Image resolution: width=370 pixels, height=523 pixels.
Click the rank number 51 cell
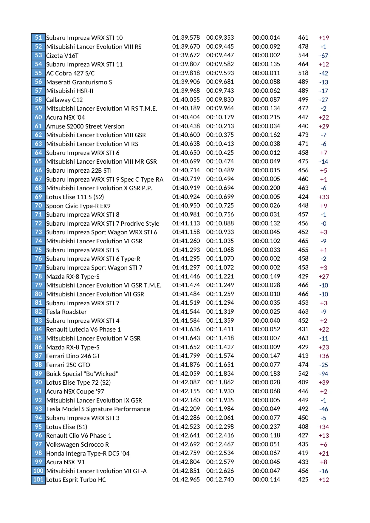pos(38,38)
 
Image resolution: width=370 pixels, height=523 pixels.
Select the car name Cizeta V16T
pos(62,55)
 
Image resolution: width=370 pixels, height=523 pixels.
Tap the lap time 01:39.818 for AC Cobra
pos(186,73)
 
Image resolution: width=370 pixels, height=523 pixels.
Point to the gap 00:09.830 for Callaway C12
pos(220,100)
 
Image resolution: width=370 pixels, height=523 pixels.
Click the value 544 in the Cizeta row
pos(303,55)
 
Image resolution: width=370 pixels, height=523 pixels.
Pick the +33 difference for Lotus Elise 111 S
pos(323,197)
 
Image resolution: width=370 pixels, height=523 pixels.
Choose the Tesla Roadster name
pos(66,312)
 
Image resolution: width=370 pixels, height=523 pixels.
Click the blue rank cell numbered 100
pos(38,471)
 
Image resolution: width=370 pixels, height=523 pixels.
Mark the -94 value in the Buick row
pos(323,374)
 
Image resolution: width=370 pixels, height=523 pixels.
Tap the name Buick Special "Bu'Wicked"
pos(82,374)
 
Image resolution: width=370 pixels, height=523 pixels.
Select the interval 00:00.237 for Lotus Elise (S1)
pos(266,427)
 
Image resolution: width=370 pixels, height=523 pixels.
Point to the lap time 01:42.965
pos(186,480)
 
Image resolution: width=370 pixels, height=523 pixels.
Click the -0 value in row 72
pos(323,224)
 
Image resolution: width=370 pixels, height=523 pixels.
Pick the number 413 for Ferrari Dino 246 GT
pos(303,356)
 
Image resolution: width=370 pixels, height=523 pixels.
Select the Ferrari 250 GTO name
pos(68,365)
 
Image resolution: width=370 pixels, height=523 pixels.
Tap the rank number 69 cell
pos(38,197)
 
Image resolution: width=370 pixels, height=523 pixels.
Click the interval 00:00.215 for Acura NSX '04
pos(266,117)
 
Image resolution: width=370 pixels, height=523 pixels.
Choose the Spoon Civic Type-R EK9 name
pos(78,206)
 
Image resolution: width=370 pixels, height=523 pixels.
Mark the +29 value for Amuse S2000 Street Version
pos(323,126)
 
